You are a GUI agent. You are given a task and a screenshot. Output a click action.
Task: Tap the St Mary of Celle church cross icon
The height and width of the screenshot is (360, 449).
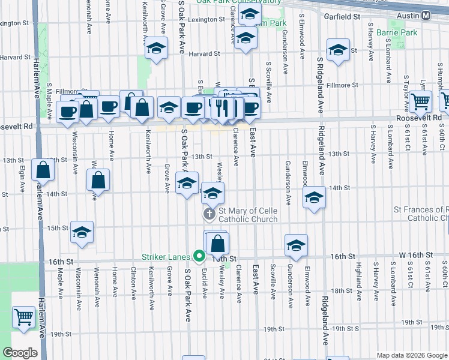point(210,214)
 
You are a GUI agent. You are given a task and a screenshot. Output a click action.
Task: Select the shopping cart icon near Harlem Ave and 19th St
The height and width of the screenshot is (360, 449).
point(23,316)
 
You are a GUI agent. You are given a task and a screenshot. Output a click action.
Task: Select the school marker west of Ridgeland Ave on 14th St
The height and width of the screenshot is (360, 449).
point(313,197)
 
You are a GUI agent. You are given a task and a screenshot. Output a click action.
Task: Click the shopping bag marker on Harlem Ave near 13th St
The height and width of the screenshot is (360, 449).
point(43,170)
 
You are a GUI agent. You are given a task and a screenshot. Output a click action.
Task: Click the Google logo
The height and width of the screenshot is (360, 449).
point(20,353)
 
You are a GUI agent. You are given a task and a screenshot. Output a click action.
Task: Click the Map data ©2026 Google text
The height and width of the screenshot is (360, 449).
point(412,355)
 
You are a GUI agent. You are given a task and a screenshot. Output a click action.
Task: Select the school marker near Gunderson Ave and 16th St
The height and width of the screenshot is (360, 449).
point(295,245)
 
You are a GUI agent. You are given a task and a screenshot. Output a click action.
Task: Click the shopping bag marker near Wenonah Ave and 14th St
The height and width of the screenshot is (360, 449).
point(98,180)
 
